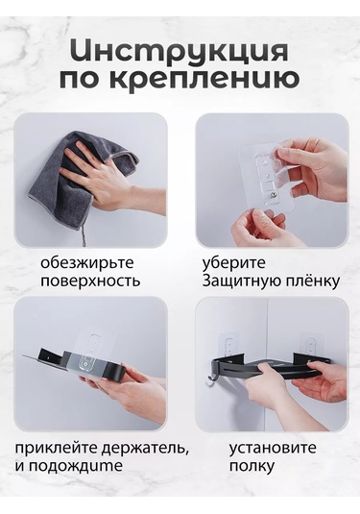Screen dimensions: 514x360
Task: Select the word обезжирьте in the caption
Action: click(86, 261)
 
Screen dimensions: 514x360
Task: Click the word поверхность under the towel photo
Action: click(90, 281)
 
